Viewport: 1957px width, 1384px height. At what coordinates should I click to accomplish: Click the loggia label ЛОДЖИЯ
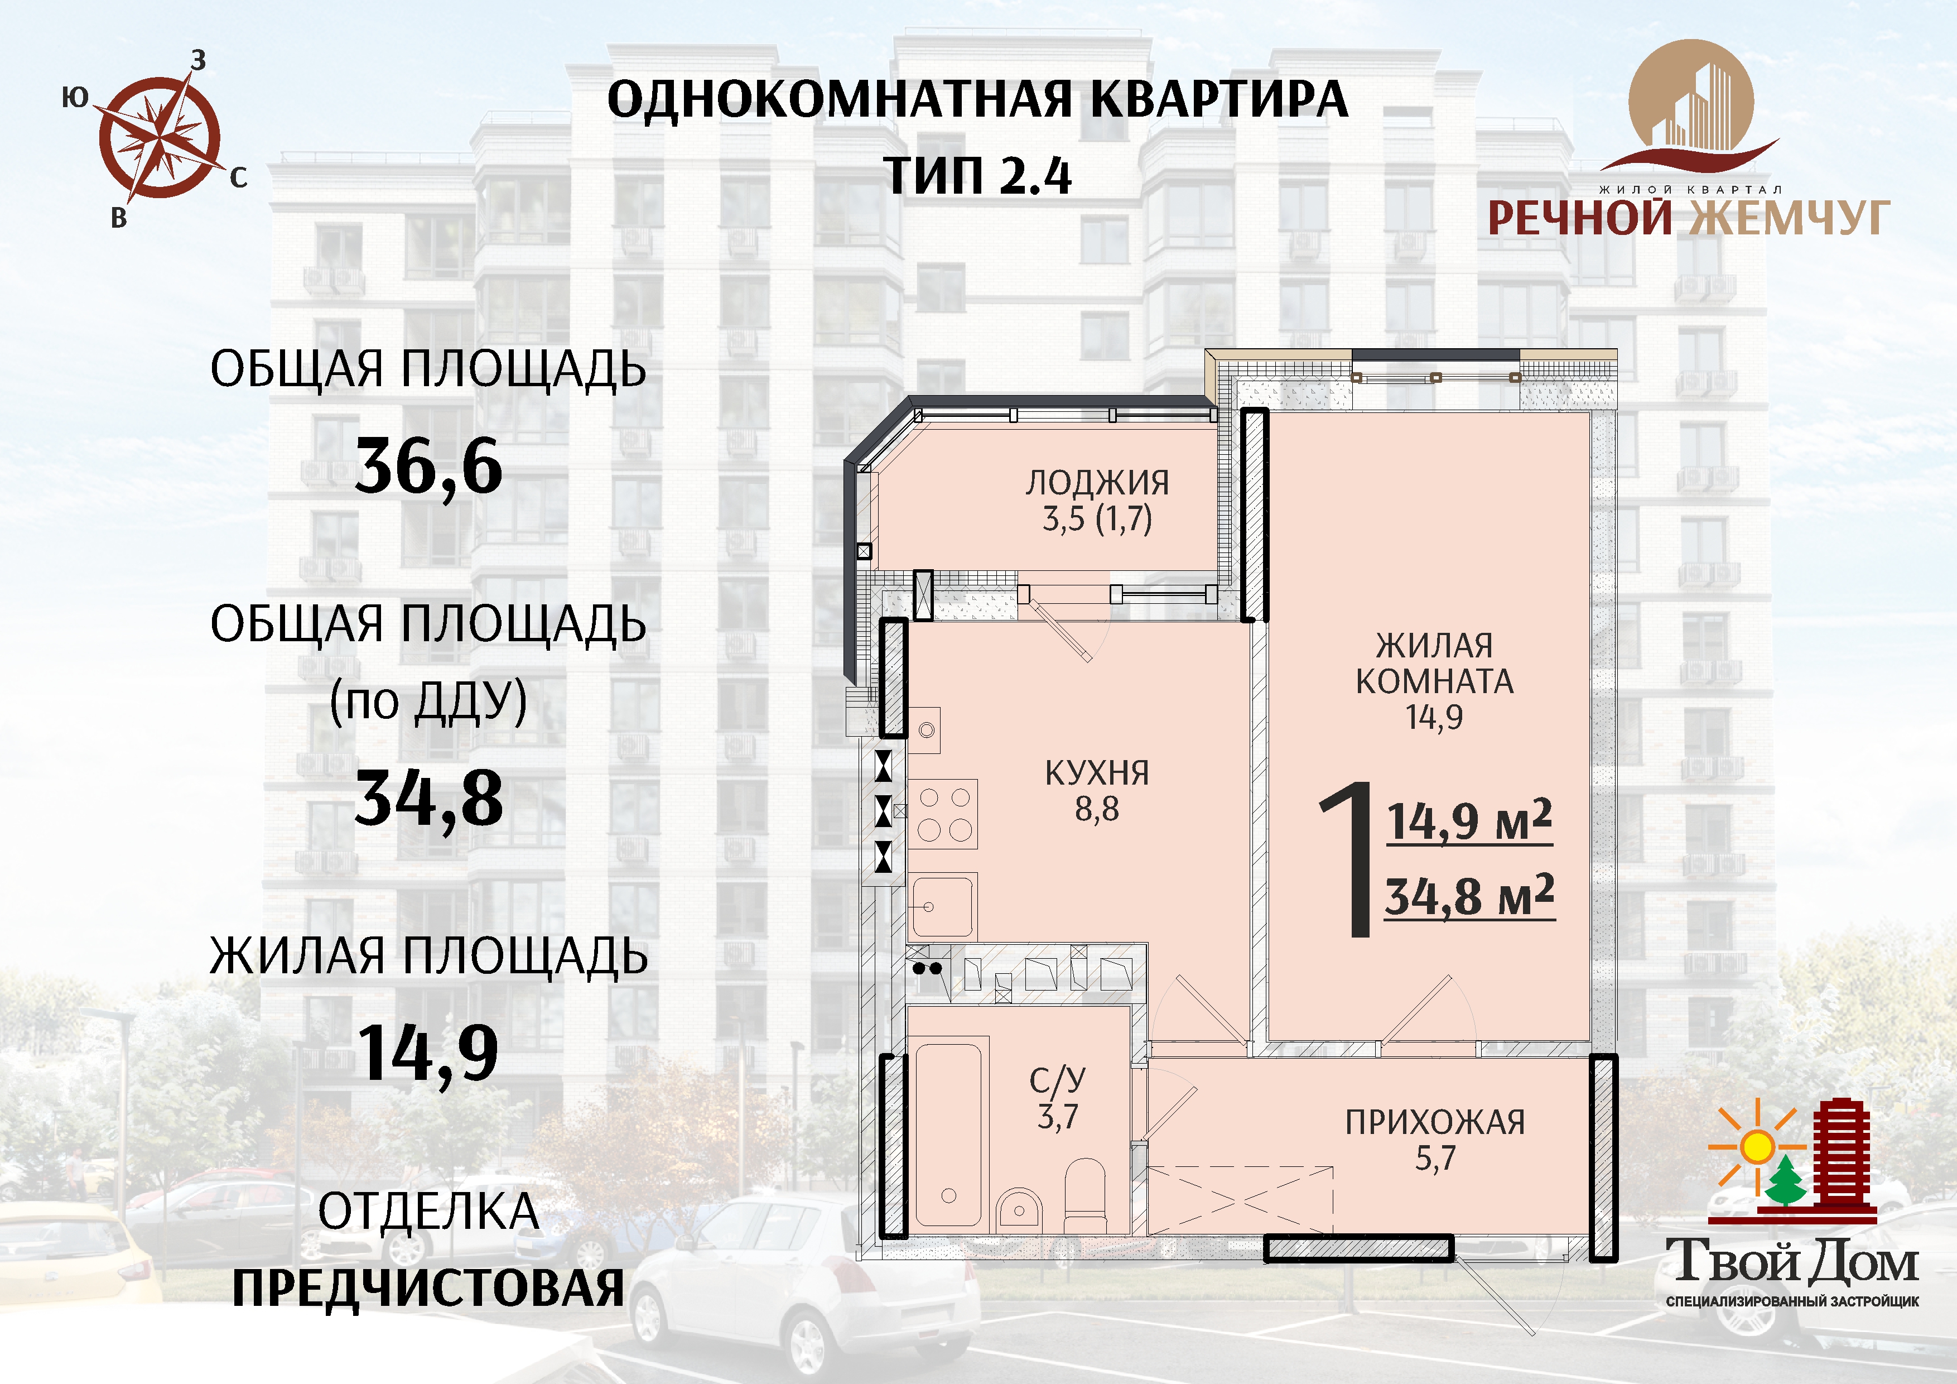tap(1097, 483)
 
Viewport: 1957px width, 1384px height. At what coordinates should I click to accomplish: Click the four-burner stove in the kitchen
tap(943, 814)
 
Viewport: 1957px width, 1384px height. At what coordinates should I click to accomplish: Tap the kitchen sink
tap(943, 906)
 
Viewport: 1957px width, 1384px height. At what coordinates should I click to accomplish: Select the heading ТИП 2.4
tap(977, 176)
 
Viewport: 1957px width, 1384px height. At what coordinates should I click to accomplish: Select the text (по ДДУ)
tap(429, 702)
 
